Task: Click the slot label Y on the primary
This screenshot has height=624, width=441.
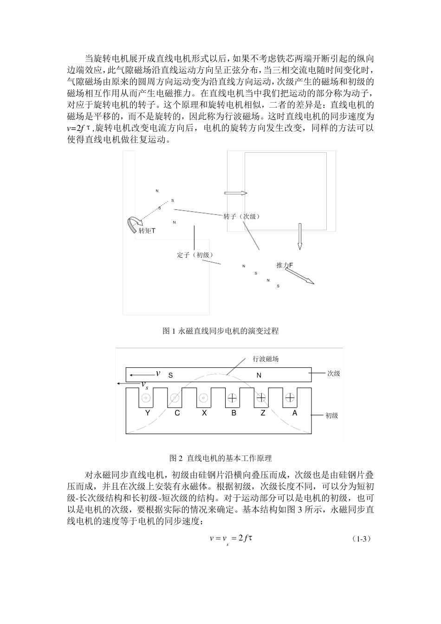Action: [x=148, y=413]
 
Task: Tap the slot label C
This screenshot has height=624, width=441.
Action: [x=177, y=413]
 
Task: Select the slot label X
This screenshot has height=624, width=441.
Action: [x=204, y=413]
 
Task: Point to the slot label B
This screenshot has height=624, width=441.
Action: [x=233, y=413]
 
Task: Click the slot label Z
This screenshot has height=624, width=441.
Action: [x=263, y=413]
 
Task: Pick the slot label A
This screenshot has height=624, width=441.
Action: [x=294, y=413]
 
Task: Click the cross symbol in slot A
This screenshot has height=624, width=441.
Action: [x=290, y=397]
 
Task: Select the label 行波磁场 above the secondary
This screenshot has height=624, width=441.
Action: [x=266, y=359]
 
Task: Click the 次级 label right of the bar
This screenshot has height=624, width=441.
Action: [x=333, y=374]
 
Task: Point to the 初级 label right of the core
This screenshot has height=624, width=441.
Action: [x=331, y=416]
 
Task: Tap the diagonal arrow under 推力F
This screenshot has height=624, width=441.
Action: [x=303, y=277]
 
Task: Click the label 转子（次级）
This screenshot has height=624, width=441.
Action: [x=241, y=217]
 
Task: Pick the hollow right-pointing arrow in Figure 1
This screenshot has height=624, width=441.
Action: [x=236, y=193]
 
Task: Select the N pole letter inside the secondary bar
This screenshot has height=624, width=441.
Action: [x=259, y=375]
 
